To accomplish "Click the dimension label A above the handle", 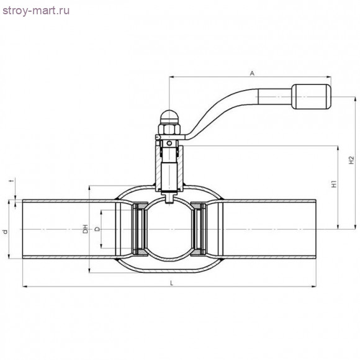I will (x=252, y=73).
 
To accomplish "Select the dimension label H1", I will (x=333, y=185).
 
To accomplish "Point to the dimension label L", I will (x=171, y=282).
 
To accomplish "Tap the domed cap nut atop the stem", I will (x=169, y=117).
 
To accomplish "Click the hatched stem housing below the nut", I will (x=169, y=168).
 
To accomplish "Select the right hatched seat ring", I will (x=199, y=229).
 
